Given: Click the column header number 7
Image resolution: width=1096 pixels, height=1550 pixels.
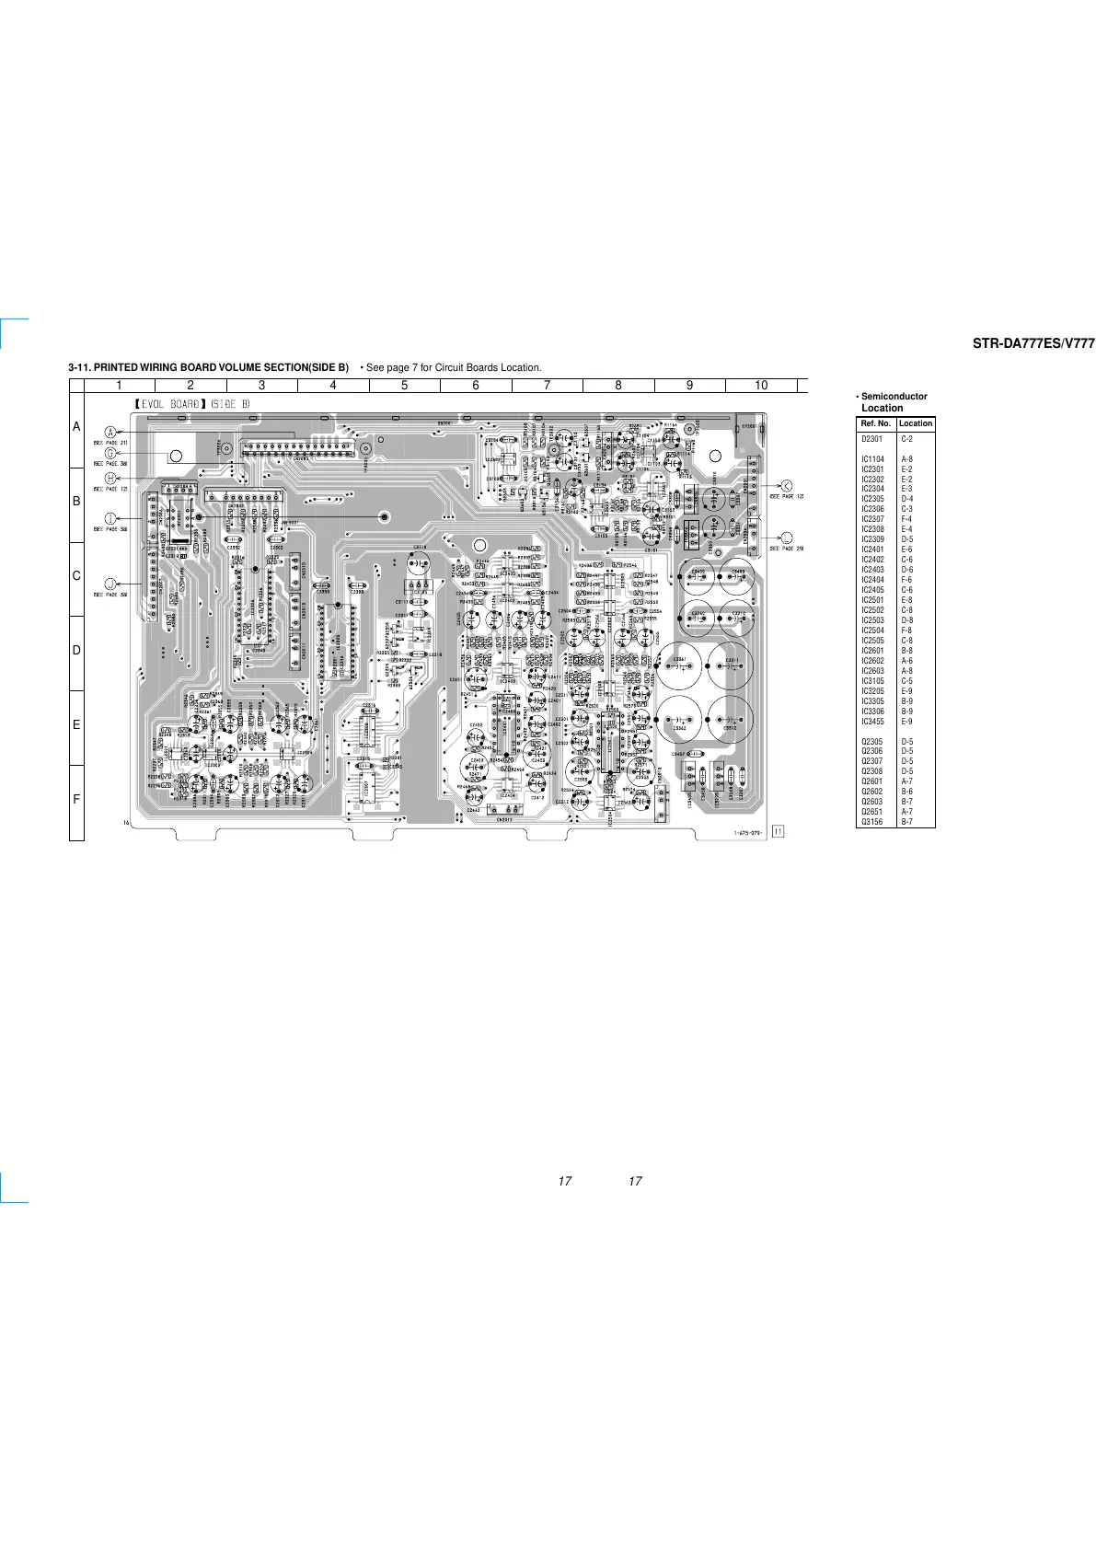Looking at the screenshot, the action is coord(547,386).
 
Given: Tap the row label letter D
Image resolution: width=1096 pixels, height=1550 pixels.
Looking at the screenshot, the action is coord(76,651).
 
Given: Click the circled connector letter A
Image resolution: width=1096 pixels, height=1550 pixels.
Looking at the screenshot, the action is coord(110,433).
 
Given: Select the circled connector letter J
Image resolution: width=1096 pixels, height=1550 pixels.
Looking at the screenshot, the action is coord(110,584).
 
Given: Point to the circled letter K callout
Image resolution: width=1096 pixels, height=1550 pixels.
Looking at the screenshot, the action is coord(787,486).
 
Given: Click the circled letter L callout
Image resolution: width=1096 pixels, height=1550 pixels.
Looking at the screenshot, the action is coord(787,538).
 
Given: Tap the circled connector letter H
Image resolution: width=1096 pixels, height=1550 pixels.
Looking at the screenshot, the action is coord(110,479).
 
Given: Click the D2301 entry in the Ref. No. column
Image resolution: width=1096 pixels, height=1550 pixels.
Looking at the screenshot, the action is coord(871,439).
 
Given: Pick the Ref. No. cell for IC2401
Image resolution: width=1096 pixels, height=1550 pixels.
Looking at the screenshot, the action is coord(872,549).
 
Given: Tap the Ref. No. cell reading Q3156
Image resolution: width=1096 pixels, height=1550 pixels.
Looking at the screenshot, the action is coord(871,822).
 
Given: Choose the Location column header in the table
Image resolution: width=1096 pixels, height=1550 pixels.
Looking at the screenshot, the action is coord(916,423).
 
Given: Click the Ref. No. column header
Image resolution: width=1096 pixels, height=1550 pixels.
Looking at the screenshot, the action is coord(876,423).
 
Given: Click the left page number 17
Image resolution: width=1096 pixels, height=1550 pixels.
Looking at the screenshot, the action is coord(565,1181).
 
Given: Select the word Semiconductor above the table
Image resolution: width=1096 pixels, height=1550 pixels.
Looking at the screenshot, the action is coord(894,397).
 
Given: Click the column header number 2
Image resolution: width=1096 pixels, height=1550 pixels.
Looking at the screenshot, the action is coord(190,386).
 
